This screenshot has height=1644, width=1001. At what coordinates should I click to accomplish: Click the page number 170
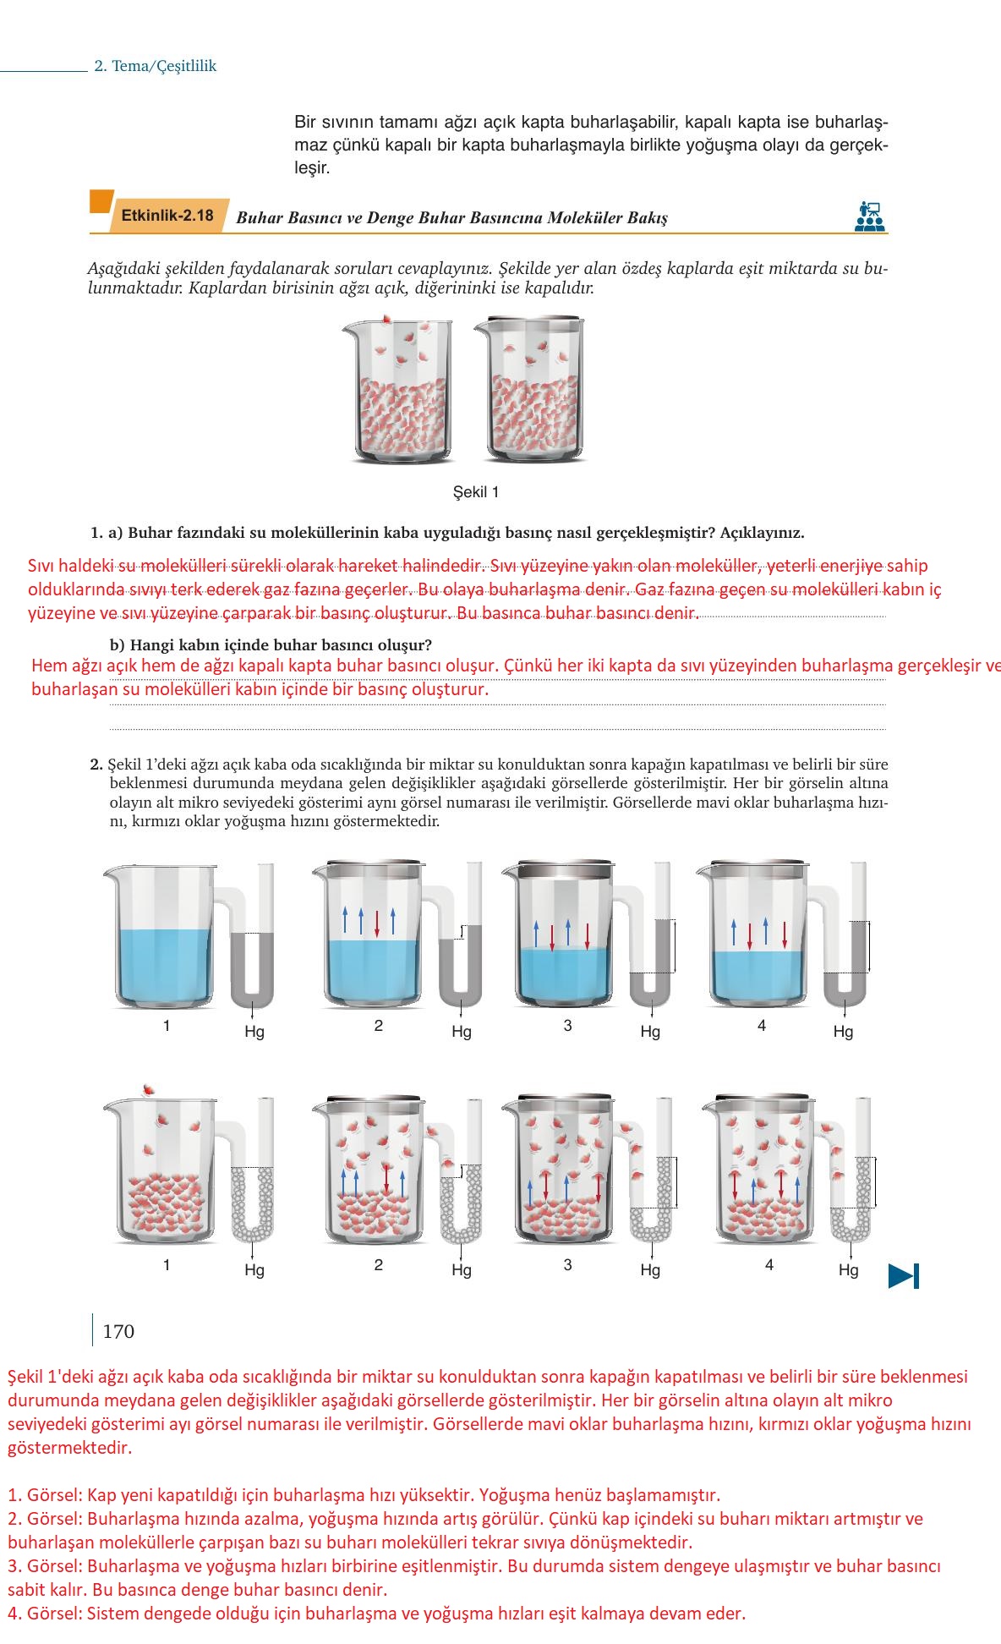[x=118, y=1332]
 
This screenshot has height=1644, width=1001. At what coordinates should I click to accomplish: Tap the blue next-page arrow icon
[x=903, y=1275]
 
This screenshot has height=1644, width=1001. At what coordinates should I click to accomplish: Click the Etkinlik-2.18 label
[x=167, y=216]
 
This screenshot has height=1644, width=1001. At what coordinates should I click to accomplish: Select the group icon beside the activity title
[x=869, y=216]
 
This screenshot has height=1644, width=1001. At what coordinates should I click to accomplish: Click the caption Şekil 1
[x=476, y=492]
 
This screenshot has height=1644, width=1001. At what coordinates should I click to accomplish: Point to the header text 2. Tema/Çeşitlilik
[x=156, y=66]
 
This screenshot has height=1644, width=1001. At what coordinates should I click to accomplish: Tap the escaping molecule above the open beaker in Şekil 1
[x=386, y=319]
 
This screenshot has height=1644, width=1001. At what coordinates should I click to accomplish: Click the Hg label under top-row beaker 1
[x=254, y=1032]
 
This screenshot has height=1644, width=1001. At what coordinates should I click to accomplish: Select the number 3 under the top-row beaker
[x=567, y=1026]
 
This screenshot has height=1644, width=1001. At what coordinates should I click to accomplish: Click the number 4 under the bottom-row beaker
[x=769, y=1265]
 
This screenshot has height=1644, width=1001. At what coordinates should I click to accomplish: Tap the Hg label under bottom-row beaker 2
[x=461, y=1270]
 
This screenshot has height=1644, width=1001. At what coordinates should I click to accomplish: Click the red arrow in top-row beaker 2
[x=377, y=921]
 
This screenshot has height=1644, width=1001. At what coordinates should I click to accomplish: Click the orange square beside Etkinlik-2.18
[x=101, y=201]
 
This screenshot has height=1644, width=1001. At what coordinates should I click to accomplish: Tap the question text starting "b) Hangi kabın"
[x=271, y=645]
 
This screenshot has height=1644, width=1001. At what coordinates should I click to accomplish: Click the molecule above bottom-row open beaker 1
[x=149, y=1088]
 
